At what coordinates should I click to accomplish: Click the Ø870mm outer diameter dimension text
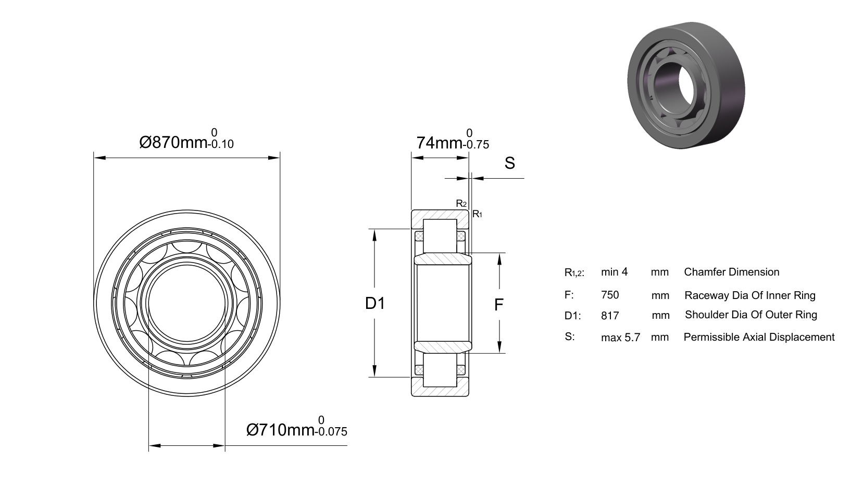173,142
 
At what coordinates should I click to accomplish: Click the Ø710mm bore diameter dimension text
280,430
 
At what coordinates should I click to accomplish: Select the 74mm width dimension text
440,143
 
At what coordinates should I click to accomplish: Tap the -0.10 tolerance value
221,144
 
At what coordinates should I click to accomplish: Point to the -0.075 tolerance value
331,431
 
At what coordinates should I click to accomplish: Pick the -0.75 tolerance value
476,145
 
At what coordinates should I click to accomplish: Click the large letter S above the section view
509,163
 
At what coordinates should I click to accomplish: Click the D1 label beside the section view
375,303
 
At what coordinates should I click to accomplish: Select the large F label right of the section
499,305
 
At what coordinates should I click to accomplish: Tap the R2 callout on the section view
461,204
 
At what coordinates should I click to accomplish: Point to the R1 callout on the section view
477,214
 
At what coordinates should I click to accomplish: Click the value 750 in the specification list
610,295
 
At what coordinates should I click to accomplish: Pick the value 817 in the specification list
610,316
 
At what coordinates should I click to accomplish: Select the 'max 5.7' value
620,338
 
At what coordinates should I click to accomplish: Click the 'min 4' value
615,272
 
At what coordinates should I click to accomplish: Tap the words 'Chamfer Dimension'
731,272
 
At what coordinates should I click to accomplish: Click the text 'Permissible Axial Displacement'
759,338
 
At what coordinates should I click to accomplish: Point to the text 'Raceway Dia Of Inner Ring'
750,295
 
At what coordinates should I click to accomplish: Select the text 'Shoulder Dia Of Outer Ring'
750,315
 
